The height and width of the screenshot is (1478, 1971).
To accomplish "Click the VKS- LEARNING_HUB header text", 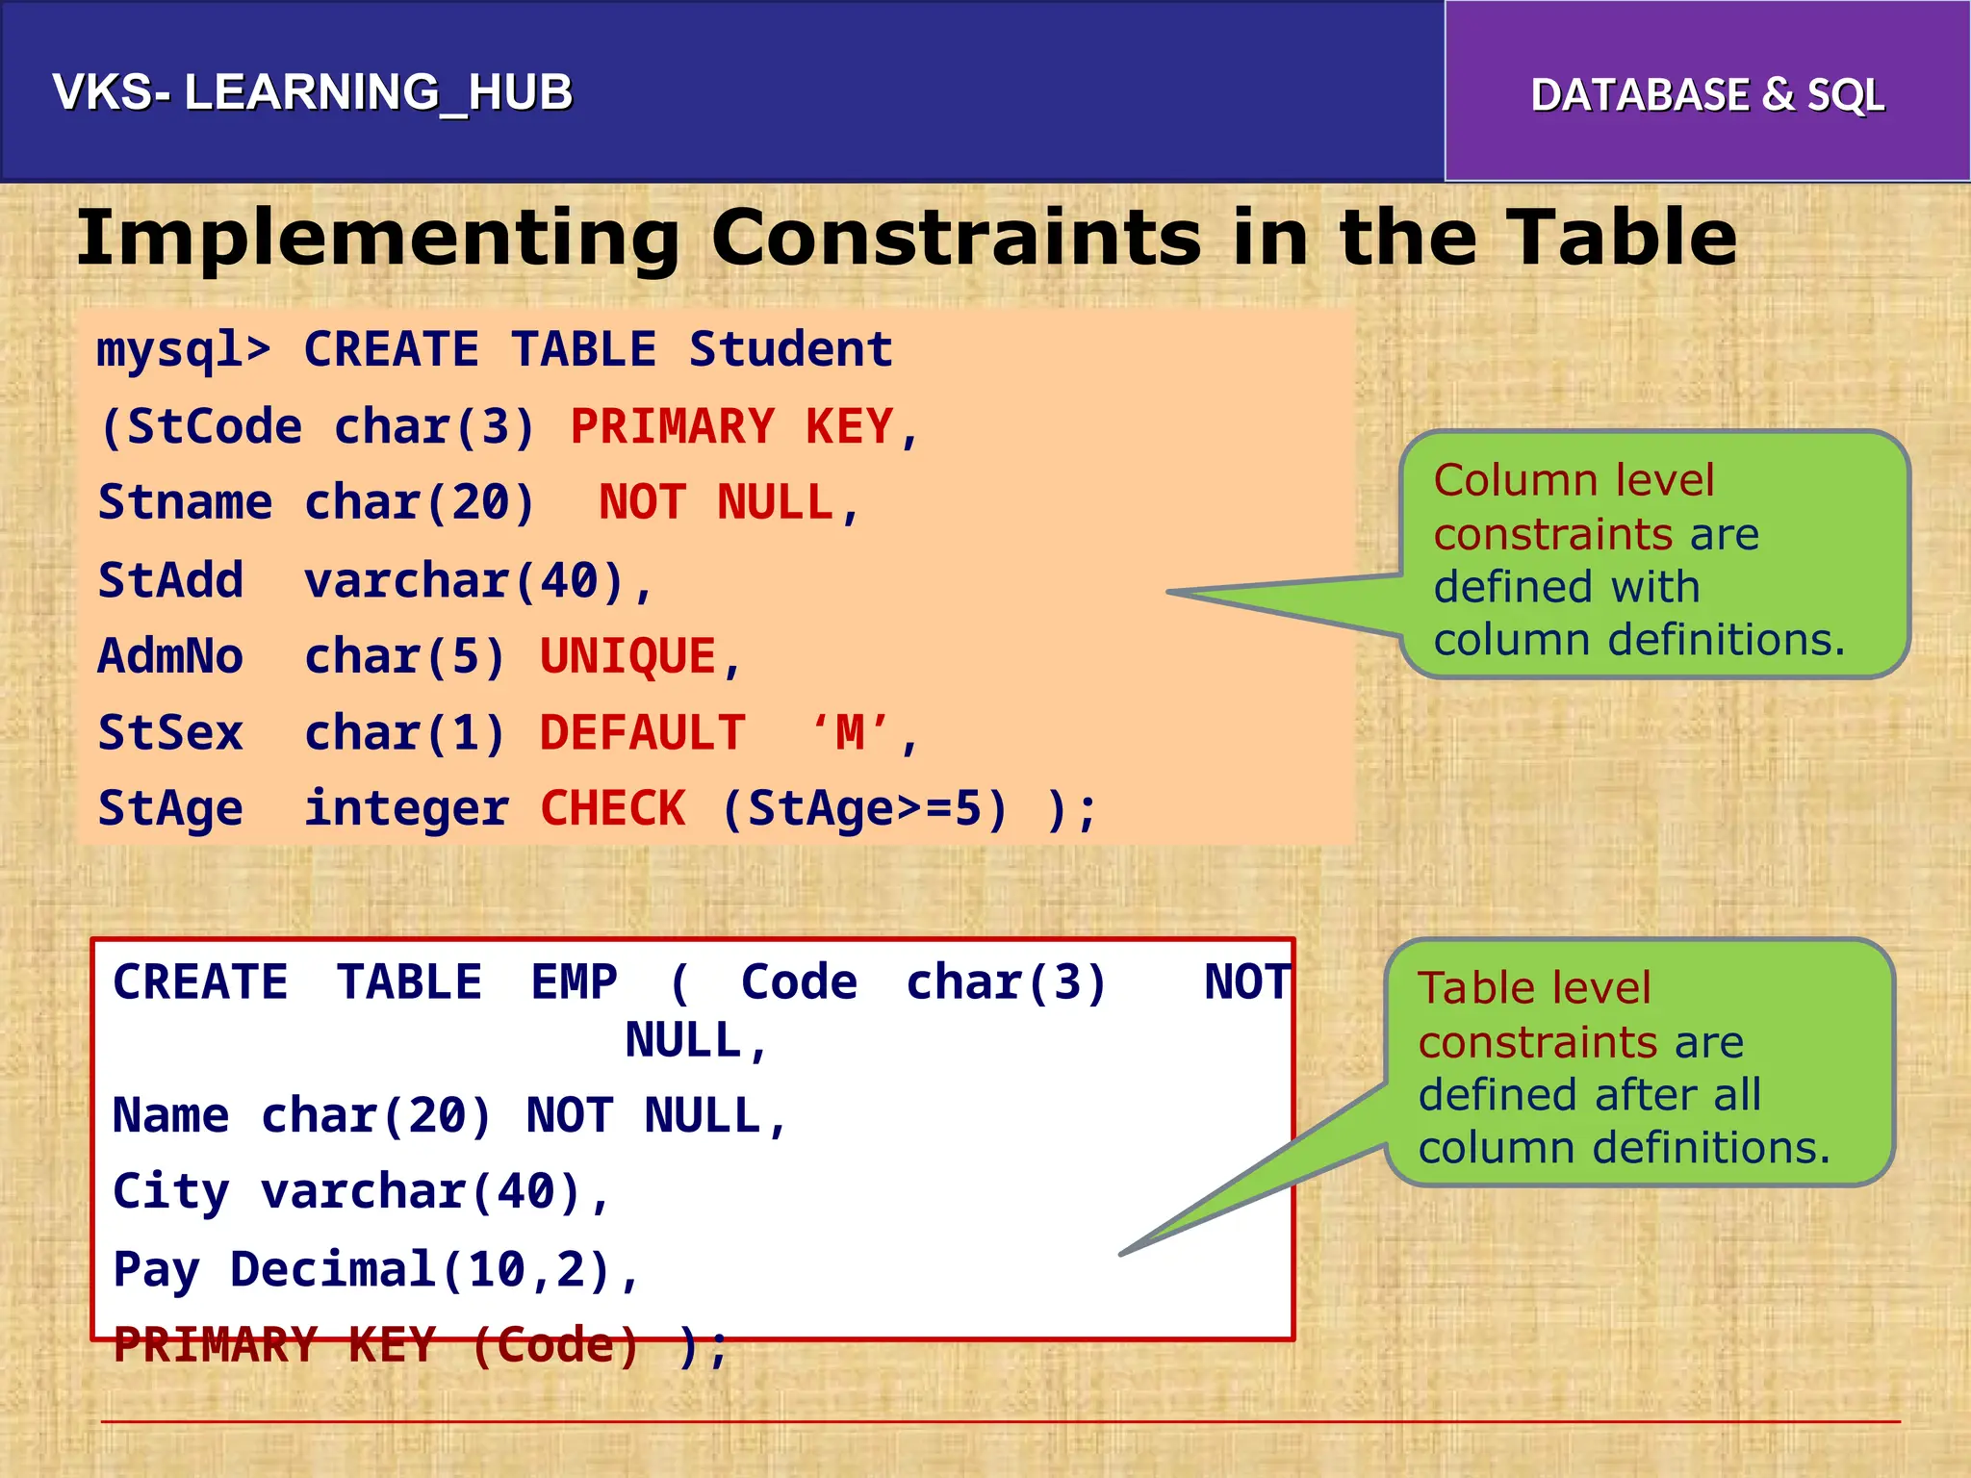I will [x=312, y=93].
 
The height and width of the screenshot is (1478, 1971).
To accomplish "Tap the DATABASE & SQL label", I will [x=1706, y=95].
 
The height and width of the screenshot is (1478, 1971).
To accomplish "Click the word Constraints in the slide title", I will [x=956, y=238].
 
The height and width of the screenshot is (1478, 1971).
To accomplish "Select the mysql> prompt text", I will [x=183, y=350].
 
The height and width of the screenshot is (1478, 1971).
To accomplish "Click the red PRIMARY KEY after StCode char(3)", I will [x=731, y=426].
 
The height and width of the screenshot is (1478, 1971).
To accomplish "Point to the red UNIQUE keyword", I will [x=627, y=657].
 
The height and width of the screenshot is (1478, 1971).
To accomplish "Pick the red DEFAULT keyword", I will [x=642, y=733].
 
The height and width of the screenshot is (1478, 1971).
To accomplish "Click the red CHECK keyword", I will [x=613, y=808].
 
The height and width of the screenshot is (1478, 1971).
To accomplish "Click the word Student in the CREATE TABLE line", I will [x=791, y=349].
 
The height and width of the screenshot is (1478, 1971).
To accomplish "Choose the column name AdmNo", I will [x=171, y=657].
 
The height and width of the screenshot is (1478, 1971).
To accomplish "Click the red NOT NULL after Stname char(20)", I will [x=715, y=503].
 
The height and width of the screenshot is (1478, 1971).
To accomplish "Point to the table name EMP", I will [x=574, y=982].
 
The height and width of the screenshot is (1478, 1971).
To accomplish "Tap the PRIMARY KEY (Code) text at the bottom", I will [x=375, y=1345].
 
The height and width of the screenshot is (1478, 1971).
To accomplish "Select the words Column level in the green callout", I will [x=1573, y=480].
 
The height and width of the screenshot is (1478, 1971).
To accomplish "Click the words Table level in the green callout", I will [x=1533, y=988].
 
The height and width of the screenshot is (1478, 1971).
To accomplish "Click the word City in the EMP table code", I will [x=170, y=1192].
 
